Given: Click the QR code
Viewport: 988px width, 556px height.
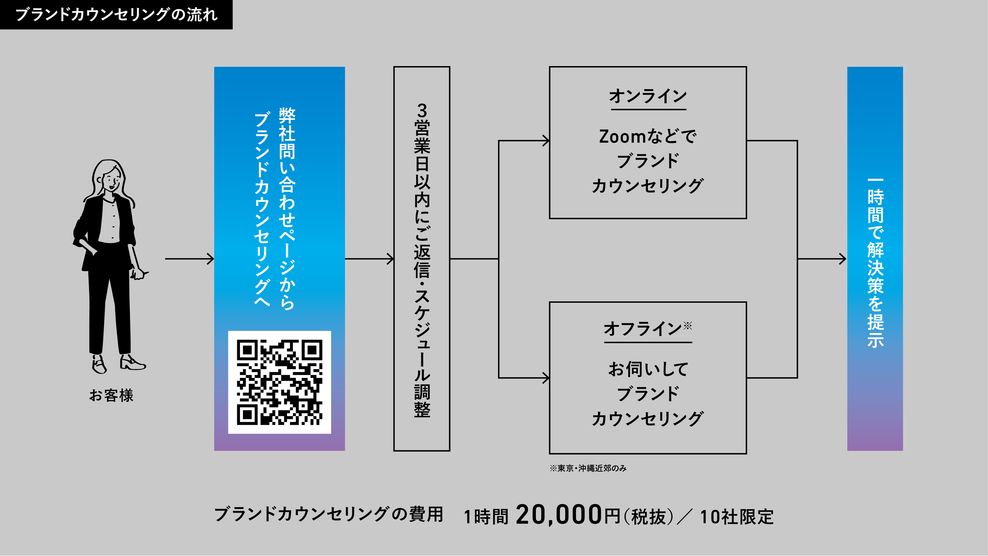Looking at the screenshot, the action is click(x=279, y=382).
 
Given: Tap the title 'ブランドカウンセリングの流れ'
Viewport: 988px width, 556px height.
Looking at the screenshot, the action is click(x=116, y=15).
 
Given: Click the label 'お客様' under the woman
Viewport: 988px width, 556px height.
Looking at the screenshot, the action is click(x=111, y=395).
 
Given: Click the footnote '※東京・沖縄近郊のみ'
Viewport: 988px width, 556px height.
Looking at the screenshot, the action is click(x=588, y=468).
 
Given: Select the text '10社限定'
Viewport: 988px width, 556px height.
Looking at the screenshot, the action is click(x=737, y=516).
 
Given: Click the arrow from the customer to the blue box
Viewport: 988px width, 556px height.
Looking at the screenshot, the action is click(x=189, y=259).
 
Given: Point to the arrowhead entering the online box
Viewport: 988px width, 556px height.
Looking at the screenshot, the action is click(x=546, y=141).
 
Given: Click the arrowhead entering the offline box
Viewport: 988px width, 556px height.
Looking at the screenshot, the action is click(x=546, y=378).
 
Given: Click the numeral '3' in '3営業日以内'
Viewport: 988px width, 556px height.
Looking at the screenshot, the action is click(x=422, y=111).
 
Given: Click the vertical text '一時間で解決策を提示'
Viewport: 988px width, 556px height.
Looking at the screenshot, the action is click(x=875, y=263).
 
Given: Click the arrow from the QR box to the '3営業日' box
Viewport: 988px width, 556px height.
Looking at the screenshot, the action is click(x=370, y=259).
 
